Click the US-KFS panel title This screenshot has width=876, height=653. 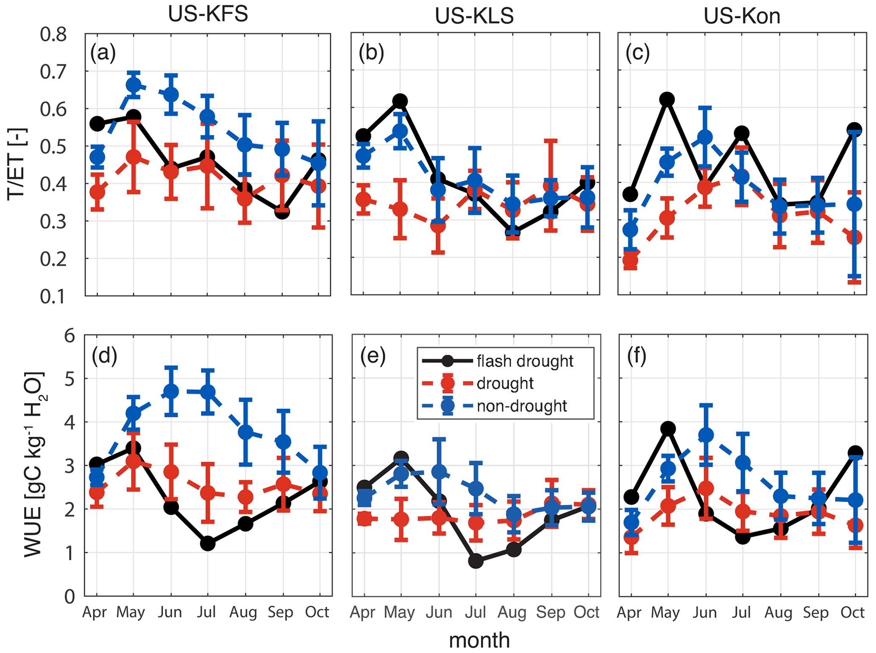pos(208,14)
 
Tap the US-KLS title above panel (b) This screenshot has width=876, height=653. pos(474,16)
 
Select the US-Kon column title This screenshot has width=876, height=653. pos(742,16)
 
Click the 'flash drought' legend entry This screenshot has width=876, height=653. pos(524,361)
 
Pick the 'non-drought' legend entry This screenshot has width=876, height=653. pos(521,406)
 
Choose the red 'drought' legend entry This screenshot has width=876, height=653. pos(505,383)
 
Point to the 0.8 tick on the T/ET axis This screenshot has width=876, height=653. pos(53,34)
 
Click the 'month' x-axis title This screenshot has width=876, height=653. pos(479,640)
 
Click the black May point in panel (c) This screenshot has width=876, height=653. pos(667,100)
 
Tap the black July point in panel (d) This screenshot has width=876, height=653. pos(208,543)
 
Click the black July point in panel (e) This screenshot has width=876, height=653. pos(476,561)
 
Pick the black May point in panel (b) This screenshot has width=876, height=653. pos(400,101)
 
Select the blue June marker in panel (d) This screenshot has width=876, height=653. pos(171,391)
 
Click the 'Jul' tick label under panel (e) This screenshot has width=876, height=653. pos(475,612)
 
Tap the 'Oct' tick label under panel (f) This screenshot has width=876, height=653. pos(852,612)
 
